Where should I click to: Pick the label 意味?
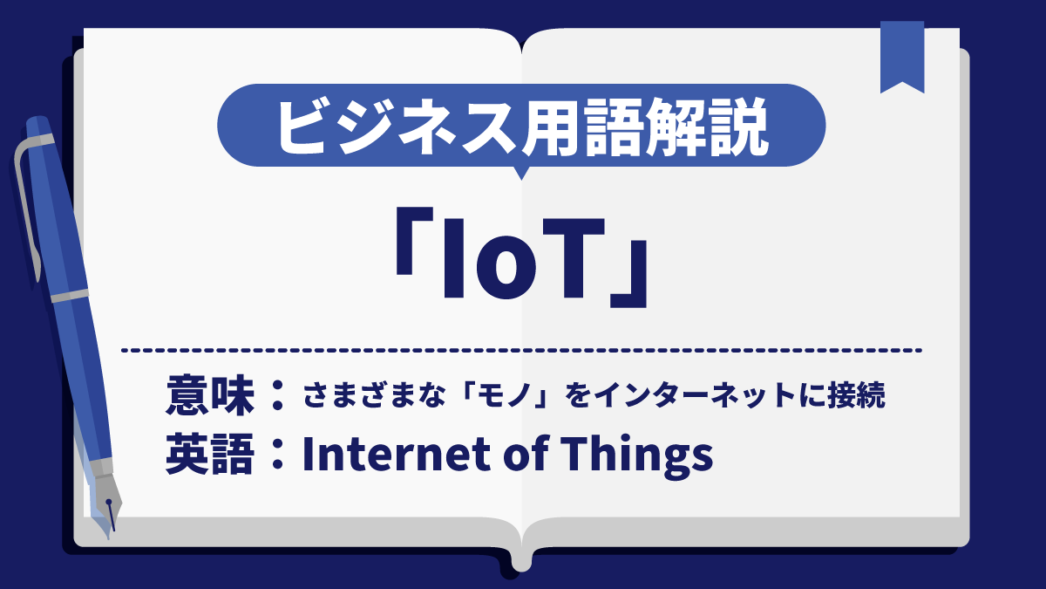[209, 397]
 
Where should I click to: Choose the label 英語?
[209, 455]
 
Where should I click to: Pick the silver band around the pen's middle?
[70, 296]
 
